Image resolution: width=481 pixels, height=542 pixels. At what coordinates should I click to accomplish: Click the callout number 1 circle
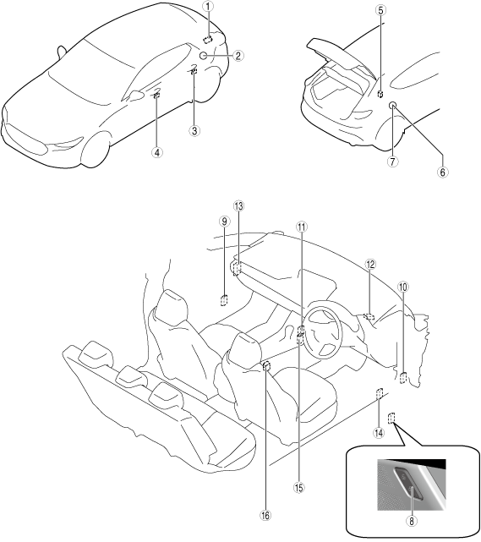tap(208, 6)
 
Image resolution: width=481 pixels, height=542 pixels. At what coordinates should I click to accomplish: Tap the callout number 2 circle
tap(238, 56)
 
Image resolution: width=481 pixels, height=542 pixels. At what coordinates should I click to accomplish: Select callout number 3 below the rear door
tap(194, 131)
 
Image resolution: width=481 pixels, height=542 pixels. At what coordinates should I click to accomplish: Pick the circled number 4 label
tap(157, 152)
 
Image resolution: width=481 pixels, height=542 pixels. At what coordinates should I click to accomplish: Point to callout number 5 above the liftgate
tap(380, 10)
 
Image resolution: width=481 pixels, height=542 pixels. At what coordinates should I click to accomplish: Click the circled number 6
tap(443, 172)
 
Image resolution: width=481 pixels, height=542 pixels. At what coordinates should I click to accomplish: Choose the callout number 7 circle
tap(392, 162)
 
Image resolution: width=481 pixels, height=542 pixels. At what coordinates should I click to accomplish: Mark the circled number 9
tap(224, 222)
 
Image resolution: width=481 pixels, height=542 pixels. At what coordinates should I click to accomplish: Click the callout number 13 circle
tap(238, 206)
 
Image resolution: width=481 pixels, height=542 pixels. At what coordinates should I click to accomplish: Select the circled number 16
tap(265, 516)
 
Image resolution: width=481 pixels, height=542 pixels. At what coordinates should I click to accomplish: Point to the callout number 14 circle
tap(379, 433)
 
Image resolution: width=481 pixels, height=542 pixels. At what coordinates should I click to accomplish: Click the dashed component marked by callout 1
tap(208, 40)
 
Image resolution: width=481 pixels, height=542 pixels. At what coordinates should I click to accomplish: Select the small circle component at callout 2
tap(204, 56)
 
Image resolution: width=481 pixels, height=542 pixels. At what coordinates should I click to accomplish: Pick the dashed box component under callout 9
tap(225, 300)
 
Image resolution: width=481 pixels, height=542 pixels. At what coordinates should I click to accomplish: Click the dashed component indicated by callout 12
tap(369, 316)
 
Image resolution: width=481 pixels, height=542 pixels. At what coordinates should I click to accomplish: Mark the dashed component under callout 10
tap(403, 378)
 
